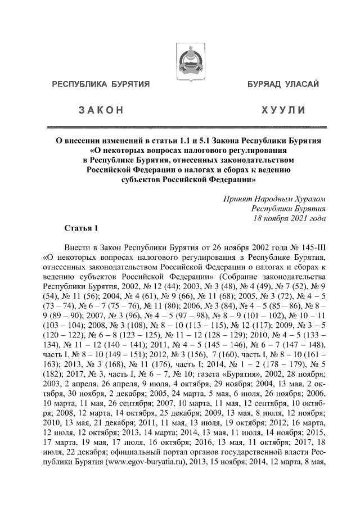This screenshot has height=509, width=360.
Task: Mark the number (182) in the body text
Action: point(53,364)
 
